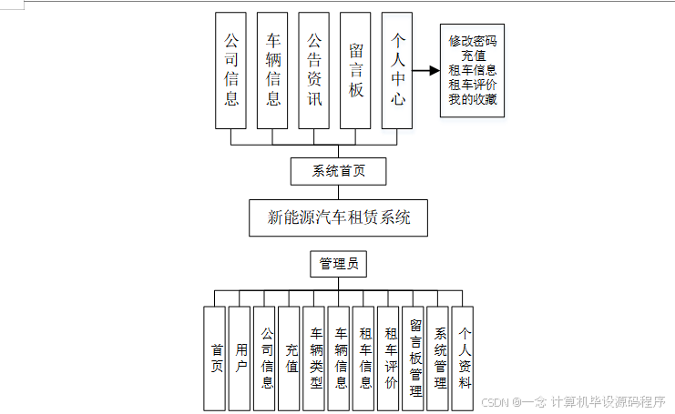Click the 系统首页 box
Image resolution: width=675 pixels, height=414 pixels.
[x=337, y=170]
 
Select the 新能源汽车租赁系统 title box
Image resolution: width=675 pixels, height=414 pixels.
[x=338, y=217]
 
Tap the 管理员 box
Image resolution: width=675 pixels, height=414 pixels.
[x=337, y=265]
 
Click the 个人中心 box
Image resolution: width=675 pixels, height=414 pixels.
[x=398, y=70]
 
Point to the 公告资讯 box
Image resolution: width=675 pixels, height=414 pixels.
[x=314, y=70]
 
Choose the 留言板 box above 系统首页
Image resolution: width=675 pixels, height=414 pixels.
[x=356, y=70]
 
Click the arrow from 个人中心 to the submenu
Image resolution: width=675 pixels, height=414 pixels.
[x=426, y=70]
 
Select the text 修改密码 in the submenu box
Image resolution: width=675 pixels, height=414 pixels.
[x=473, y=41]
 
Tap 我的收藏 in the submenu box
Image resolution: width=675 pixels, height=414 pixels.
[x=473, y=99]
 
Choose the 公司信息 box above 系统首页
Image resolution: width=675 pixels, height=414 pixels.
[x=231, y=70]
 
